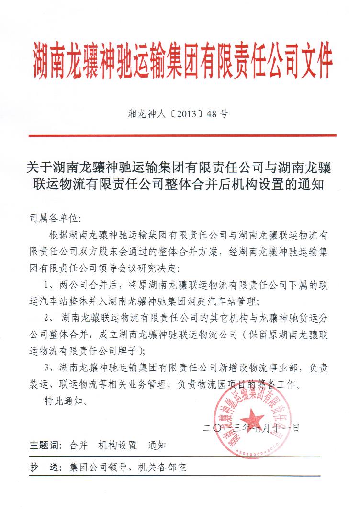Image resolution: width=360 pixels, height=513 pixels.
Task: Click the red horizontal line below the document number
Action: (182, 136)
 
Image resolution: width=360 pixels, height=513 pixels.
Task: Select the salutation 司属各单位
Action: (56, 219)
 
